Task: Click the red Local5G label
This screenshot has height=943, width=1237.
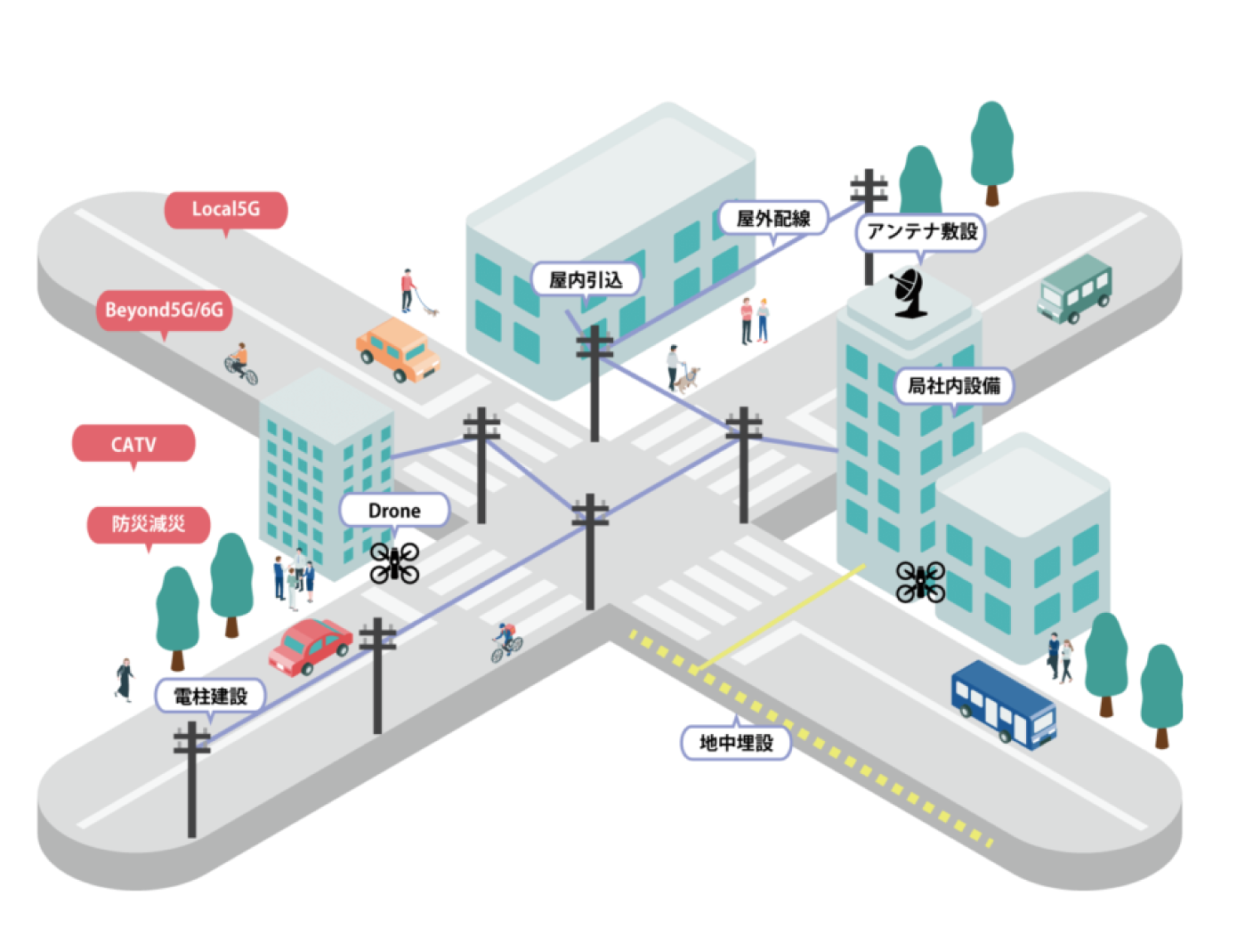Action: tap(225, 210)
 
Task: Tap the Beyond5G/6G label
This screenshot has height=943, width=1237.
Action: tap(164, 310)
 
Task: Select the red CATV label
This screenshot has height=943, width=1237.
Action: tap(133, 445)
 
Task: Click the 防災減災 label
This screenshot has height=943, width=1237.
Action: tap(149, 525)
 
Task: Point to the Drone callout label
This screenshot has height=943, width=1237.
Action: tap(394, 511)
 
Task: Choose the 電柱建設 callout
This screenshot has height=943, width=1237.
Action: tap(210, 697)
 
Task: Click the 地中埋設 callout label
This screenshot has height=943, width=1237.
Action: tap(736, 742)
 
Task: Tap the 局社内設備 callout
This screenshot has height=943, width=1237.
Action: tap(953, 386)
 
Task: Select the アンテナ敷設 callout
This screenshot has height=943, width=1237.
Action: tap(921, 231)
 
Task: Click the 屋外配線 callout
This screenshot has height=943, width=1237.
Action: tap(773, 219)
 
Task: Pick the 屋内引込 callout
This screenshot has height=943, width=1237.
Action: tap(586, 279)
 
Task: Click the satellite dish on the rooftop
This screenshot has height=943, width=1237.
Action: tap(907, 294)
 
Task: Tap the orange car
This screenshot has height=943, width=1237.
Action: tap(399, 350)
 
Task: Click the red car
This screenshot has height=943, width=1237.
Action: tap(310, 647)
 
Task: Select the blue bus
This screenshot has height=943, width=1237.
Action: tap(1003, 705)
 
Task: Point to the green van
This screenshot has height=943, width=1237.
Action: tap(1074, 289)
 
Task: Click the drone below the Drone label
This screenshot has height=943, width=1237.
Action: tap(394, 563)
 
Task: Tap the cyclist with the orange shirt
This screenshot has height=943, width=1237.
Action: tap(241, 364)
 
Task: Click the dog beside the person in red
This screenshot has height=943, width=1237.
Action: tap(432, 310)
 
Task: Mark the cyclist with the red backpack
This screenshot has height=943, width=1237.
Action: tap(506, 642)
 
